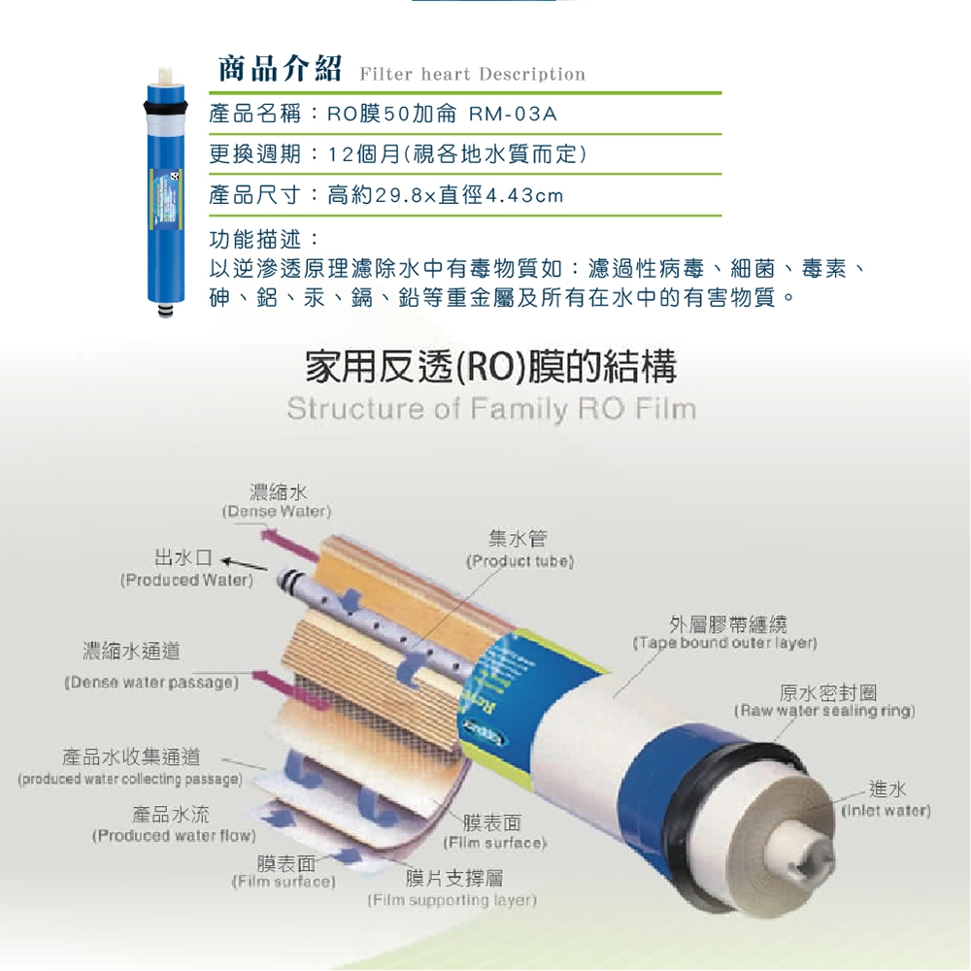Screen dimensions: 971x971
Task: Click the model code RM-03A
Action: tap(512, 115)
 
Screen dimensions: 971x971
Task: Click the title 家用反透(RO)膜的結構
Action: tap(490, 367)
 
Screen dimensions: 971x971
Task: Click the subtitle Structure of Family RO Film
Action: tap(491, 409)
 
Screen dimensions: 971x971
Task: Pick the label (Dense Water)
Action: tap(277, 511)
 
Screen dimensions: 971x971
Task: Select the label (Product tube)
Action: tap(521, 562)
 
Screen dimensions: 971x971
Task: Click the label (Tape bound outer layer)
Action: tap(726, 643)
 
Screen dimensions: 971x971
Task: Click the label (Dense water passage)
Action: tap(151, 683)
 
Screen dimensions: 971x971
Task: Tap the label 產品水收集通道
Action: tap(130, 757)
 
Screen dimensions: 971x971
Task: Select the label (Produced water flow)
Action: tap(173, 835)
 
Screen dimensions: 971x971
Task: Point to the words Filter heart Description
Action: tap(472, 75)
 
